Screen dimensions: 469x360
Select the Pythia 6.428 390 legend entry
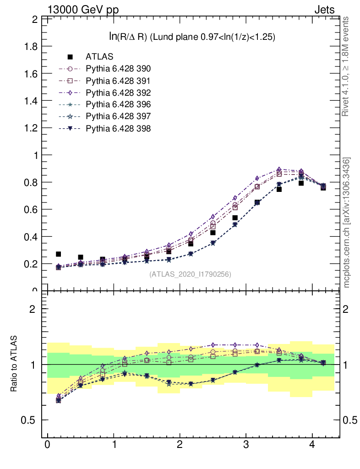[118, 69]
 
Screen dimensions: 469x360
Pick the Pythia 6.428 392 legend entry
[118, 93]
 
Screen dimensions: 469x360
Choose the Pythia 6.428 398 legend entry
[118, 128]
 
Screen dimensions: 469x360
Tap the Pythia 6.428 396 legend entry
[118, 104]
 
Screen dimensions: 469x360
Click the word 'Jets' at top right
[324, 9]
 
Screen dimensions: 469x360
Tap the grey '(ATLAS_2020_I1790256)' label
[190, 274]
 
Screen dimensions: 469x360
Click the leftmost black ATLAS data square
[58, 254]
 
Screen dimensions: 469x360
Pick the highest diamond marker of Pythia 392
[279, 169]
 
